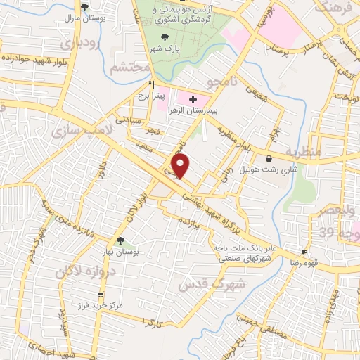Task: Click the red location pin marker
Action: pyautogui.click(x=181, y=166)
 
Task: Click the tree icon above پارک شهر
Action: pyautogui.click(x=165, y=36)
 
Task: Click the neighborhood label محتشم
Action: pyautogui.click(x=131, y=67)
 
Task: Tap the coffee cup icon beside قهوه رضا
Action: pyautogui.click(x=304, y=252)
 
